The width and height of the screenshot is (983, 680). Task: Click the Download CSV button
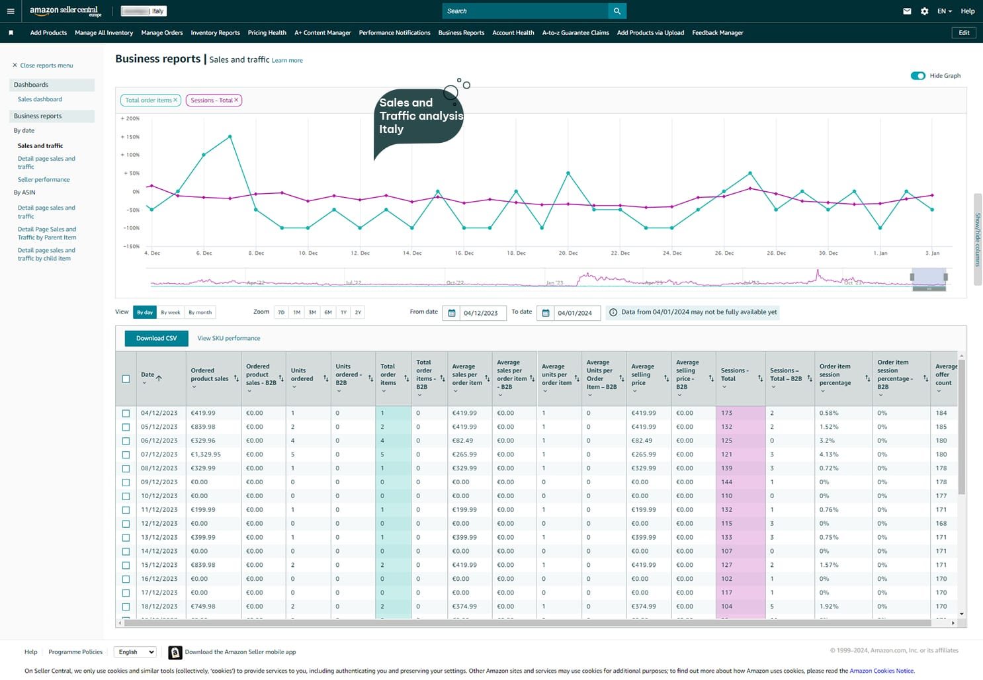[x=156, y=338]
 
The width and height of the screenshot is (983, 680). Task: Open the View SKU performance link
[x=228, y=338]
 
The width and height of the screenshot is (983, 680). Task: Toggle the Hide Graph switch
[x=918, y=75]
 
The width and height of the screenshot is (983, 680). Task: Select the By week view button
[x=170, y=312]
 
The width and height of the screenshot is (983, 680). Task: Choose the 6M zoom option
[x=327, y=312]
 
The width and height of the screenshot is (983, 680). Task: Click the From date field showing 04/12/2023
[x=480, y=313]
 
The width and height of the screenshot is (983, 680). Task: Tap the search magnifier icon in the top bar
[x=617, y=11]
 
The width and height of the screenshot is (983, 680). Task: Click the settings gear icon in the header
[x=924, y=11]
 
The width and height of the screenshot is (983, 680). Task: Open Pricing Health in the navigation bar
[x=267, y=32]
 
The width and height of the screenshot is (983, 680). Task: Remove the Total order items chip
[x=175, y=100]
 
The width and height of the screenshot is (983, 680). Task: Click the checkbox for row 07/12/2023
[x=126, y=454]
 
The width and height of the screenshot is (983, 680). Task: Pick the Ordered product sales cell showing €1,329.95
[x=206, y=454]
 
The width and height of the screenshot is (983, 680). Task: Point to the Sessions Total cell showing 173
[x=727, y=413]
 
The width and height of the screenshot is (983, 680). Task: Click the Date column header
[x=148, y=375]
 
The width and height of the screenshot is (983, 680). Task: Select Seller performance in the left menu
[x=44, y=179]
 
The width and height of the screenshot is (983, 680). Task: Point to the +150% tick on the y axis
[x=130, y=137]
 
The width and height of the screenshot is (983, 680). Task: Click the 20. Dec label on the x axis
[x=568, y=253]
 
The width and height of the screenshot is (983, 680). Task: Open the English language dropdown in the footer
[x=135, y=652]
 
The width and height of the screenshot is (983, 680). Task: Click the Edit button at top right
[x=964, y=32]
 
